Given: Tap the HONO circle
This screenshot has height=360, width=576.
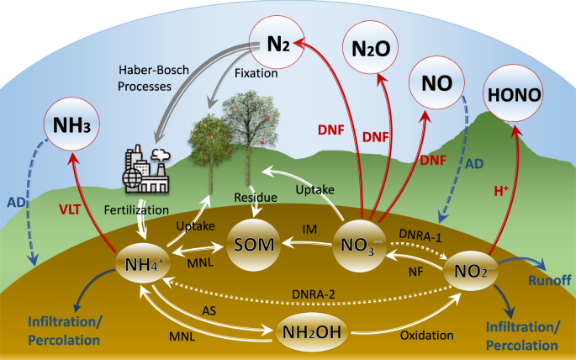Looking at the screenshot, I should [x=513, y=93].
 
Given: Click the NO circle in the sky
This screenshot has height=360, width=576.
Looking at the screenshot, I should [x=437, y=83].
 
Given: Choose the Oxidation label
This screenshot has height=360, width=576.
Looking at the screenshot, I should [x=426, y=334].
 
